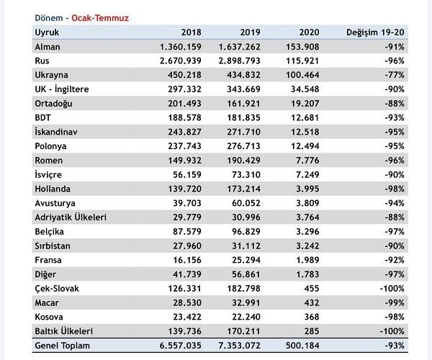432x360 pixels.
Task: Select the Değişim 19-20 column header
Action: point(375,33)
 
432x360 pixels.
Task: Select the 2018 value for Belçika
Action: point(179,231)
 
